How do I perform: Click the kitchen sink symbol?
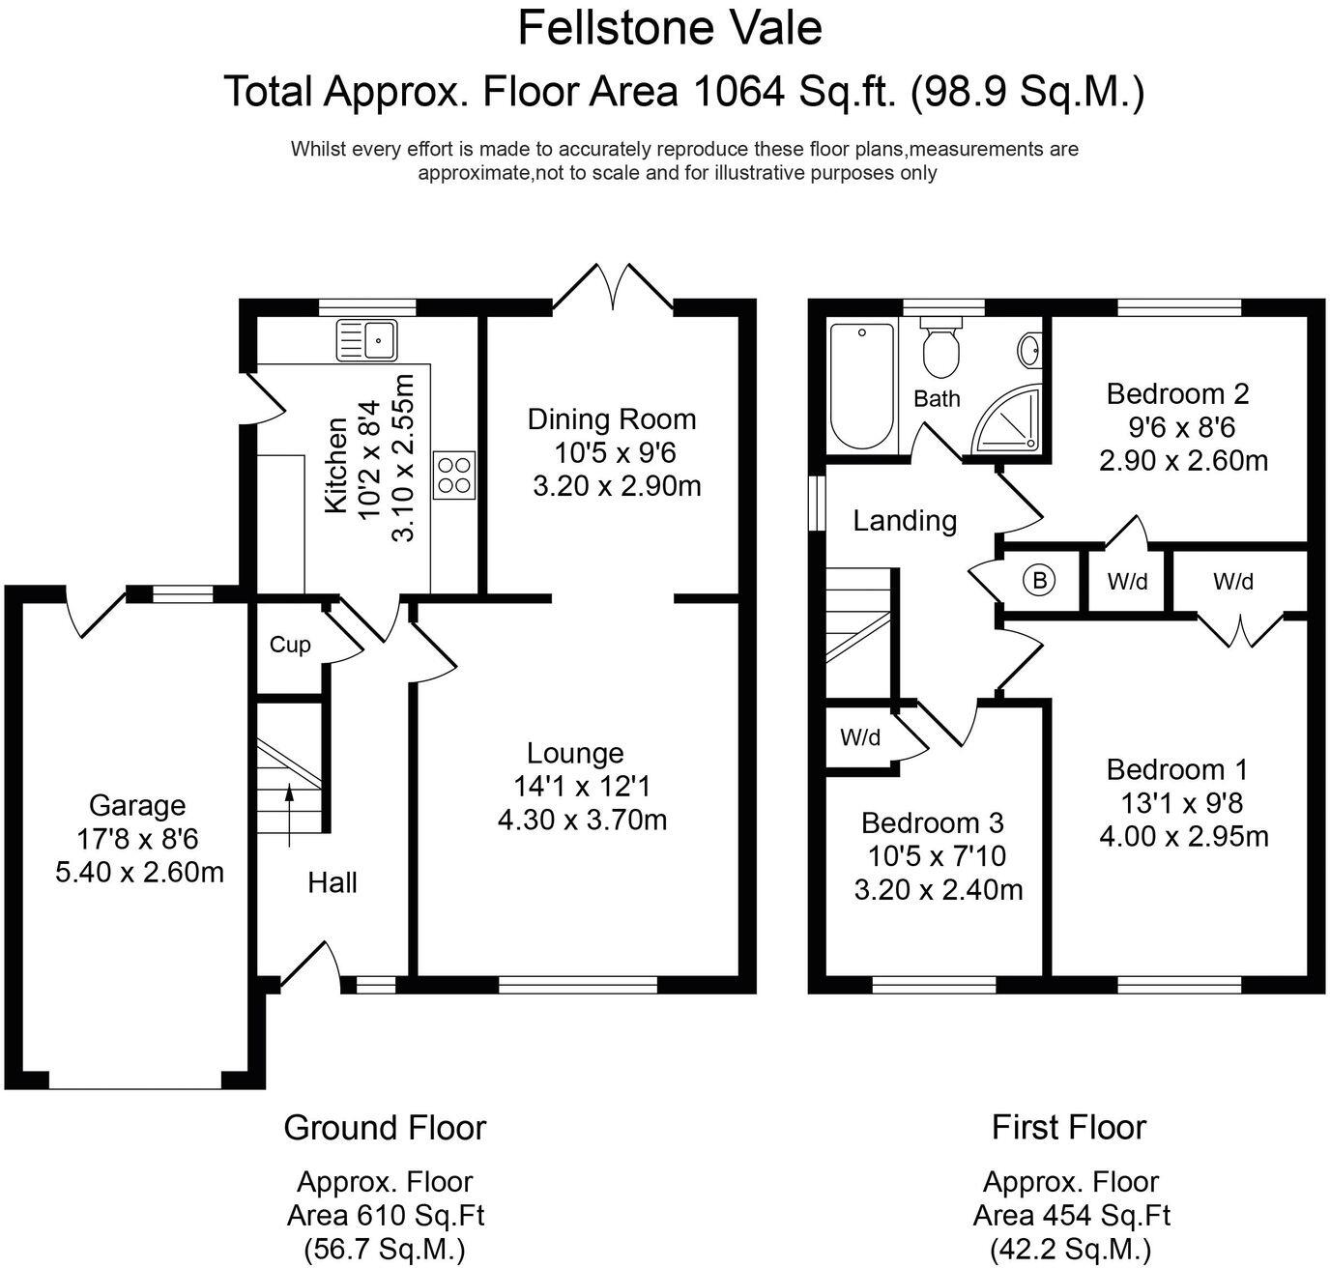pyautogui.click(x=366, y=339)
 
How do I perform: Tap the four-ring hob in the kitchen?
pyautogui.click(x=454, y=475)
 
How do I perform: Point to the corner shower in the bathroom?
pyautogui.click(x=1007, y=419)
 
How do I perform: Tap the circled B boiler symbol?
pyautogui.click(x=1039, y=580)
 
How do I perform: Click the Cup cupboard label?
pyautogui.click(x=290, y=645)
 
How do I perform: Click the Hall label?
pyautogui.click(x=332, y=882)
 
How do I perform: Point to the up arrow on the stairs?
pyautogui.click(x=290, y=816)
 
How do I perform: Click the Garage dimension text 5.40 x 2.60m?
pyautogui.click(x=139, y=872)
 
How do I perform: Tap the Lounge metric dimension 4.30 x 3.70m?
pyautogui.click(x=582, y=820)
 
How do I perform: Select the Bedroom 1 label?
pyautogui.click(x=1177, y=769)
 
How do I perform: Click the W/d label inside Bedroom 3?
pyautogui.click(x=860, y=736)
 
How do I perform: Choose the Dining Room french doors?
pyautogui.click(x=613, y=288)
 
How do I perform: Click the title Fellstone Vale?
pyautogui.click(x=670, y=29)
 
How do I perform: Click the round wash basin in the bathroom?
pyautogui.click(x=1029, y=351)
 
